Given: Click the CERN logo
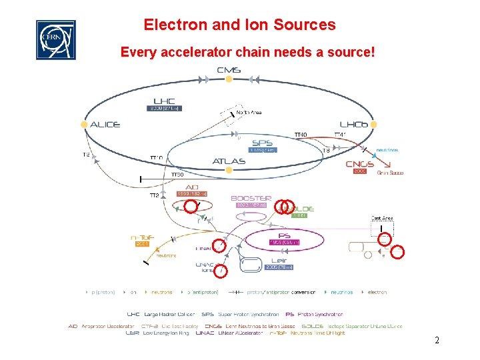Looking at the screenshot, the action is click(55, 39).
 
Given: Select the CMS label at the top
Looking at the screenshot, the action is click(229, 69).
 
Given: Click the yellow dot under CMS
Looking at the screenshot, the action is click(229, 79).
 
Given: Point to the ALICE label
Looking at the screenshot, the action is click(105, 125).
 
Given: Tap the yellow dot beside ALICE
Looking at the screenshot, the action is click(84, 125).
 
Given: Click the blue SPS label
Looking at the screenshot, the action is click(262, 143).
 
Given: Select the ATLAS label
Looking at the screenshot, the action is click(229, 161).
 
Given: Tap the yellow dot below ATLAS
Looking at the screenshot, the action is click(229, 171).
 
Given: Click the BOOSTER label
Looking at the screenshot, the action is click(251, 198).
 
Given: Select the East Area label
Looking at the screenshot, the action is click(382, 219).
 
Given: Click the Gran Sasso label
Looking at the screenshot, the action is click(390, 173).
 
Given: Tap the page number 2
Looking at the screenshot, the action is click(436, 341).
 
